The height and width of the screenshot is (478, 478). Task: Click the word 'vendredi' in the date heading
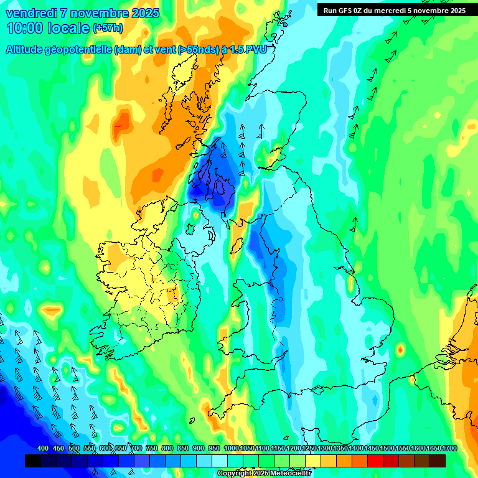(30, 13)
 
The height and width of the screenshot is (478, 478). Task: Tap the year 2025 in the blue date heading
(145, 13)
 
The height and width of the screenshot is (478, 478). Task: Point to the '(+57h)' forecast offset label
(108, 27)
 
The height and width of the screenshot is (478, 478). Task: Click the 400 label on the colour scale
(43, 449)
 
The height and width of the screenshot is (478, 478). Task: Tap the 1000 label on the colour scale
(232, 449)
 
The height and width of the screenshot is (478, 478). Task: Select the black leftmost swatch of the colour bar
(32, 461)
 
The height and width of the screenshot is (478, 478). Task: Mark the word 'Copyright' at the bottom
(235, 473)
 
